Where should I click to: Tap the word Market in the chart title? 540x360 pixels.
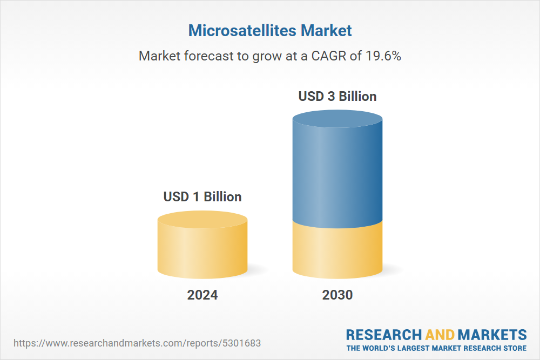326,30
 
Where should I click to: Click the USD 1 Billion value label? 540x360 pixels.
202,197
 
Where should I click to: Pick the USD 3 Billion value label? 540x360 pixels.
337,97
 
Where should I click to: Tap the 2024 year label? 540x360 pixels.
202,295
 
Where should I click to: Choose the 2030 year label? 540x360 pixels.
337,295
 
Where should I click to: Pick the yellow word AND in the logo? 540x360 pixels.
440,335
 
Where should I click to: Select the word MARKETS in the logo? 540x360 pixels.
492,335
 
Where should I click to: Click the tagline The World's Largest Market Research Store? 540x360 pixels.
436,348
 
